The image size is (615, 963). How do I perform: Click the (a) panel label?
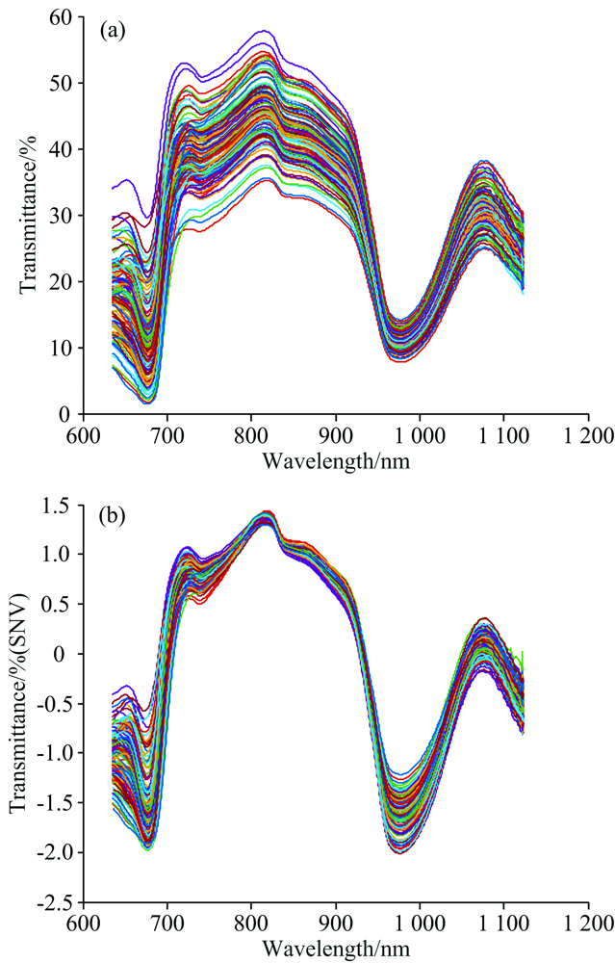[x=113, y=32]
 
